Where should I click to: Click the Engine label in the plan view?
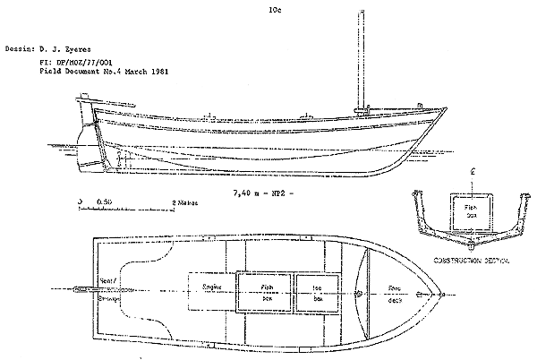tap(212, 287)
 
